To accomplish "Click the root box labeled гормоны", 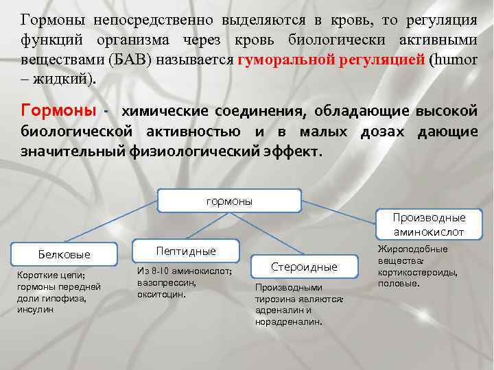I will click(x=229, y=201).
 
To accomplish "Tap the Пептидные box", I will click(x=186, y=250).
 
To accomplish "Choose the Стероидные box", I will click(x=304, y=267).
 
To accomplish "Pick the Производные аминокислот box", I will click(x=429, y=225).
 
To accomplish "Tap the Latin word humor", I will click(x=454, y=59).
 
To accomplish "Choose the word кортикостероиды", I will click(x=418, y=271).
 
